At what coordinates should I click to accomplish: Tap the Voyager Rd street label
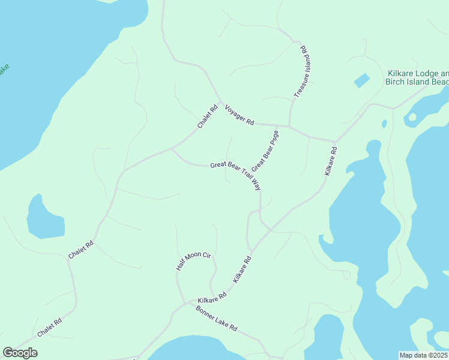tap(240, 115)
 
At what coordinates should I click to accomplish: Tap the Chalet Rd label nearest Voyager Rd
tap(207, 117)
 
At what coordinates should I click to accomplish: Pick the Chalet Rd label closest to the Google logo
tap(49, 328)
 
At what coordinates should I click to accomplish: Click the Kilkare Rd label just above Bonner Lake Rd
tap(212, 297)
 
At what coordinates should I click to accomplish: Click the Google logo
tap(20, 353)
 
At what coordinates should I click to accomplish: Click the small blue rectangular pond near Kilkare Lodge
tap(361, 80)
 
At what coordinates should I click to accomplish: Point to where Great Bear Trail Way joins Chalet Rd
tap(172, 148)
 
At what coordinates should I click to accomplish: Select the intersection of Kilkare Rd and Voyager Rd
tap(334, 142)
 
